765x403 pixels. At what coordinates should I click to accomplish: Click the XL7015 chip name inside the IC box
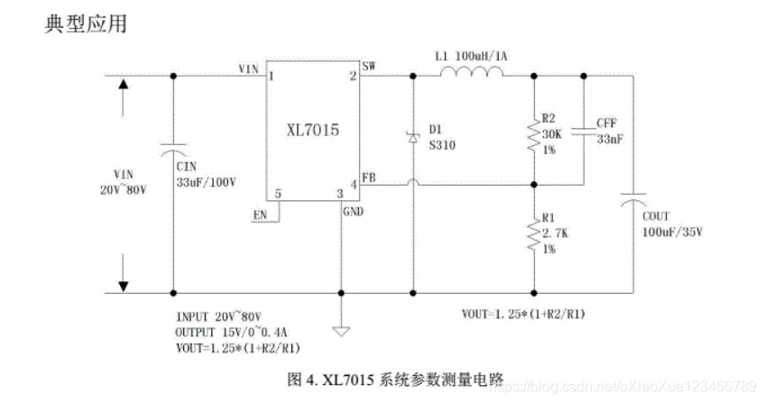[312, 132]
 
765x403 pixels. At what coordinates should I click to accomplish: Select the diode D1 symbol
[413, 137]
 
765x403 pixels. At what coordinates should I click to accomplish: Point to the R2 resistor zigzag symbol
[534, 135]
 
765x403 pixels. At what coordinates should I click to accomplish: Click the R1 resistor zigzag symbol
[534, 236]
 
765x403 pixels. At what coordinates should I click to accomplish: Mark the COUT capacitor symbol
[632, 203]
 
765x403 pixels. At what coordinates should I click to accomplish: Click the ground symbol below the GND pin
[342, 329]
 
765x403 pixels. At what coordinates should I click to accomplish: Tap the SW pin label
[370, 66]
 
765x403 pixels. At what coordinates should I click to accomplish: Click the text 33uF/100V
[206, 181]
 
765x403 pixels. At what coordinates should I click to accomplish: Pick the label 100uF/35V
[671, 232]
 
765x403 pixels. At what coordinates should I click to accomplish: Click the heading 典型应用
[86, 23]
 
